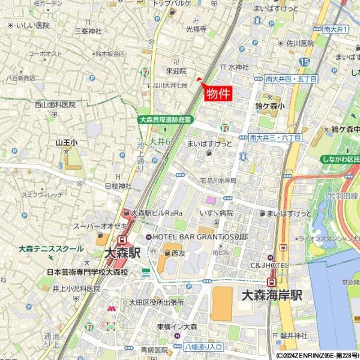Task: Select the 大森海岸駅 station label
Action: click(x=272, y=295)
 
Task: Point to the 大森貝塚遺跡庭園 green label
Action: click(x=164, y=120)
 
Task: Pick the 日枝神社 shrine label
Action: click(x=118, y=187)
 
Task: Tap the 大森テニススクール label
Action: click(x=51, y=248)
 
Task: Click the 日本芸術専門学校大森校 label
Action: click(x=88, y=272)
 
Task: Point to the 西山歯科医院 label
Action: click(x=54, y=104)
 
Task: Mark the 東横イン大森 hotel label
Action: click(x=177, y=326)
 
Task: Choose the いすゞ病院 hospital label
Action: click(x=217, y=213)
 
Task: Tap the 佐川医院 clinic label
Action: click(x=300, y=43)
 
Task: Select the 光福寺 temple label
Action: click(x=196, y=29)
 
